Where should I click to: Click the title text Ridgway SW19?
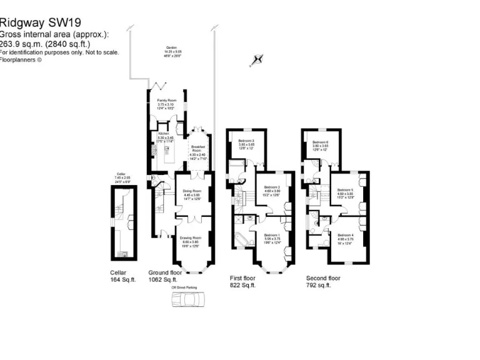pyautogui.click(x=40, y=23)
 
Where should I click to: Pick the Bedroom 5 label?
pyautogui.click(x=346, y=192)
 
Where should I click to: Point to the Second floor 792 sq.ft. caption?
pyautogui.click(x=323, y=281)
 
